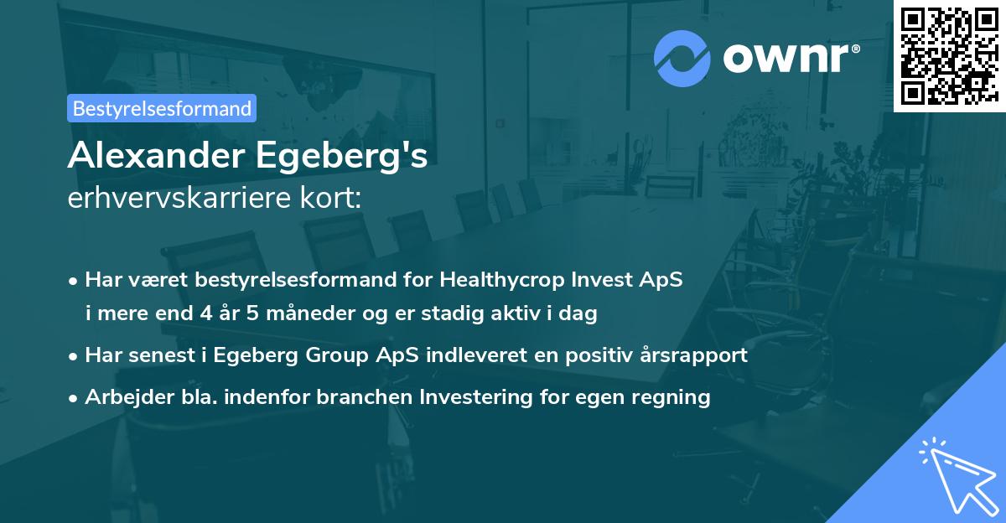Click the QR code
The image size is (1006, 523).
[x=949, y=55]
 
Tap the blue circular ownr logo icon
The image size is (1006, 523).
[x=682, y=58]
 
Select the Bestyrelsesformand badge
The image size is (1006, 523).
[x=162, y=108]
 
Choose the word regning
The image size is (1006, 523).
[x=676, y=396]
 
